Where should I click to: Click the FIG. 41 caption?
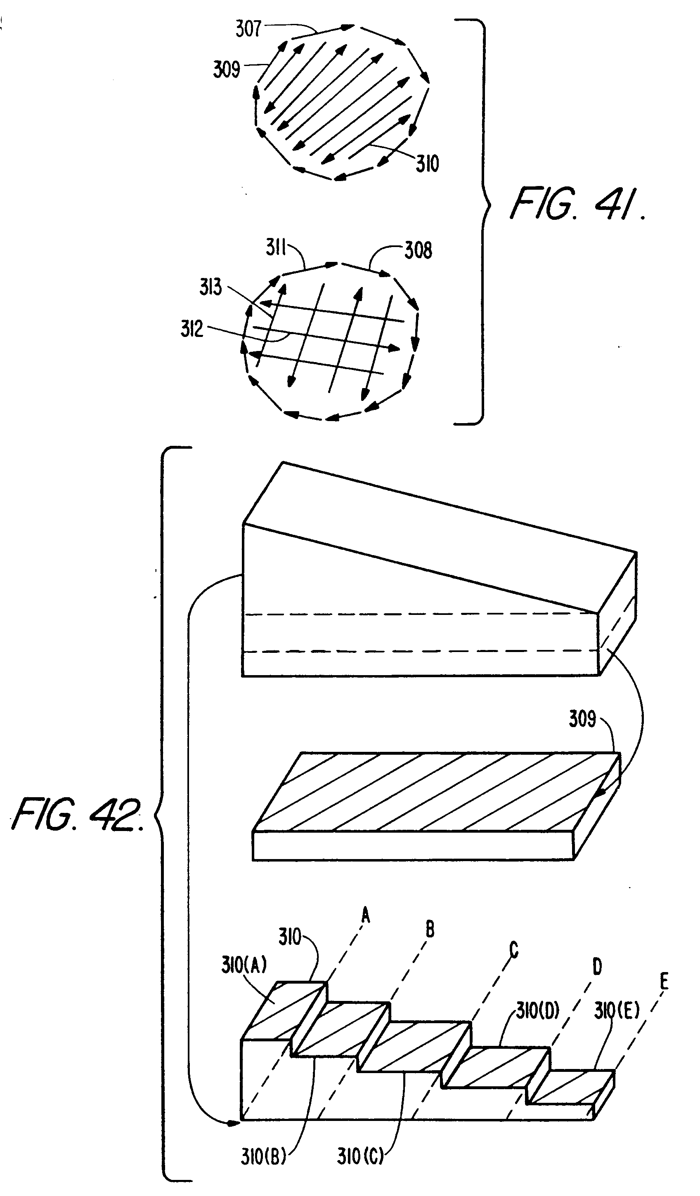[x=577, y=204]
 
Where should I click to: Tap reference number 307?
[x=248, y=28]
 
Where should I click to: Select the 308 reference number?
[x=419, y=250]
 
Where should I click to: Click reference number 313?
[x=210, y=287]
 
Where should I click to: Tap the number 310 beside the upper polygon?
[x=428, y=164]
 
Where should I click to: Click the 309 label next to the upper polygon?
[x=227, y=69]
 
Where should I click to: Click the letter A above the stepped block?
[x=365, y=915]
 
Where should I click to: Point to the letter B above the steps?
[x=429, y=929]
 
